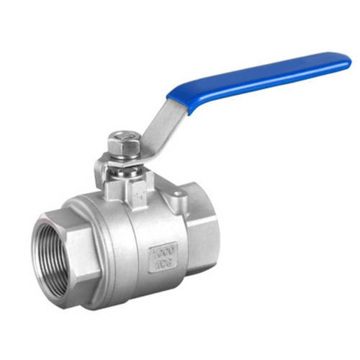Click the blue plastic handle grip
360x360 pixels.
259,79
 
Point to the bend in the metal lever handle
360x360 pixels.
148,148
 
